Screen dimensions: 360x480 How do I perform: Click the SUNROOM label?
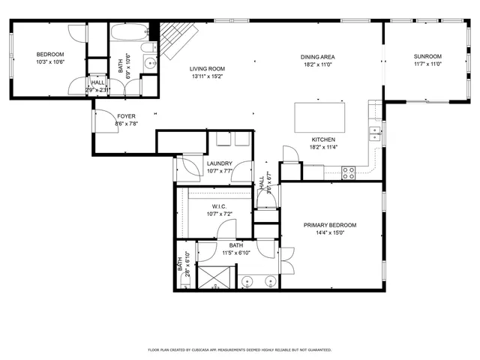pos(427,56)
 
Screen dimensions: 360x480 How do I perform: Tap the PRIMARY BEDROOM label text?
pos(329,225)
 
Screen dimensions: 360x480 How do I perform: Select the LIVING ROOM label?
pos(207,69)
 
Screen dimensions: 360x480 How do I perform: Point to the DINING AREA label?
pos(317,57)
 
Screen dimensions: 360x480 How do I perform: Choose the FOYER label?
pos(125,115)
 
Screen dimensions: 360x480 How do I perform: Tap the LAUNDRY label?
pos(220,163)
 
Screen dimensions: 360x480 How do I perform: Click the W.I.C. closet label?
pos(220,206)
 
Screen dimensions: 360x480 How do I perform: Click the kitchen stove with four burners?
pos(349,172)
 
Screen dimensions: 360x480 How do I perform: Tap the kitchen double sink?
pos(373,133)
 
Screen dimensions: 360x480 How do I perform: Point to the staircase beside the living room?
pos(177,39)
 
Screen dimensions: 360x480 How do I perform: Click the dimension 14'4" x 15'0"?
pos(329,232)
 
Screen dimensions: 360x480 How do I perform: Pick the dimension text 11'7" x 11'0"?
pos(427,64)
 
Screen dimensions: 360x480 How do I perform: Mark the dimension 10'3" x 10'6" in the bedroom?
pos(51,62)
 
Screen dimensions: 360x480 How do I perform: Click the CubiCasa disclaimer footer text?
pos(240,349)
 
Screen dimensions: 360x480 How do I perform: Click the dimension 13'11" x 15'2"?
pos(207,76)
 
